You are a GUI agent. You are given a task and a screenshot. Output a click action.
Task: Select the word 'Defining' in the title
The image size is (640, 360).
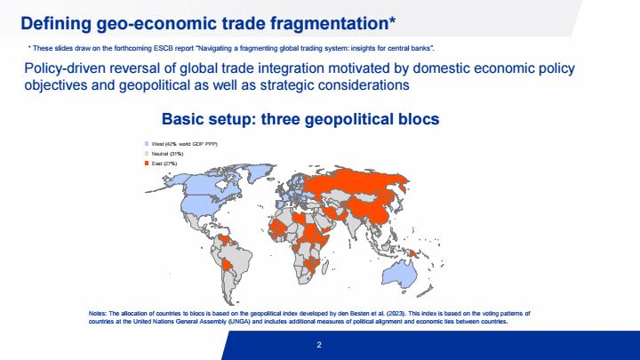pos(56,24)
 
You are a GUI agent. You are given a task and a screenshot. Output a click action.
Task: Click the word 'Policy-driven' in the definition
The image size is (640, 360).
pos(62,68)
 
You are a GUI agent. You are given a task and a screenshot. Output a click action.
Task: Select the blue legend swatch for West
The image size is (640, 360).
pos(147,144)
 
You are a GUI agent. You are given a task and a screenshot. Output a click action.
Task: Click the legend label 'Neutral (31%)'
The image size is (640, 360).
pos(167,154)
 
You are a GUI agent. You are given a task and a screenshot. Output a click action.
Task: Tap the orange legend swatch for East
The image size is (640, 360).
pos(147,164)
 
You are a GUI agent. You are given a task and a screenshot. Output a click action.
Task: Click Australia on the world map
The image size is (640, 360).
pos(399,274)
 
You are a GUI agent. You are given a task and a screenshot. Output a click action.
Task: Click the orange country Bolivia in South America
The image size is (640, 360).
pos(227,266)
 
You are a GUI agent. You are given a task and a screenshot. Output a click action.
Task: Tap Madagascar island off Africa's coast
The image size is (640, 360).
pos(325,268)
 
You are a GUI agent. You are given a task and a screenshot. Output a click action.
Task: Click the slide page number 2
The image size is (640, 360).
pos(319,345)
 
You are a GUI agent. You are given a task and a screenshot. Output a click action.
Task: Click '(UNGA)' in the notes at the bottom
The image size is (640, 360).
pos(239,322)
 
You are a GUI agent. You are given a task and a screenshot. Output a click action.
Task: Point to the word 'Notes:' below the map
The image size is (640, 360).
pos(98,314)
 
